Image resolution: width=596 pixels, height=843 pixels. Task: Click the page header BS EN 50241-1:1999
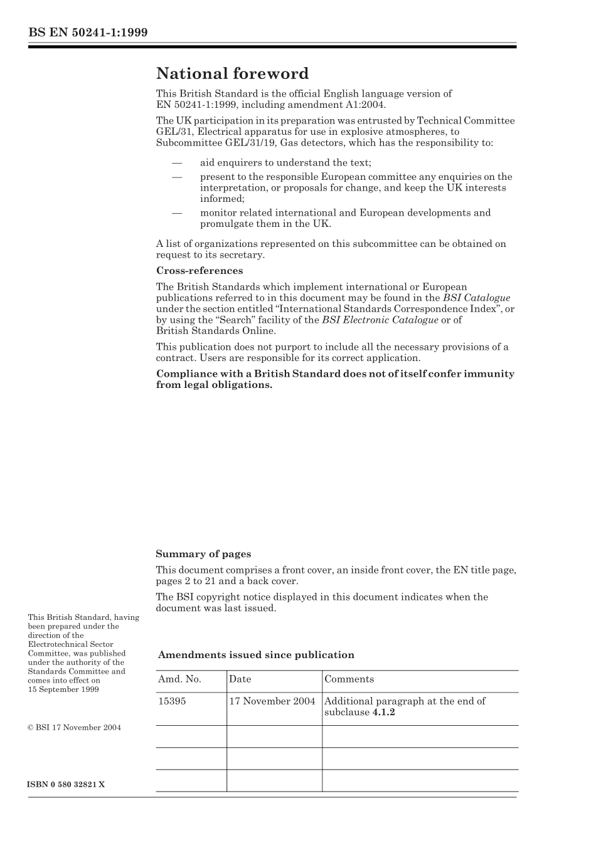(x=88, y=33)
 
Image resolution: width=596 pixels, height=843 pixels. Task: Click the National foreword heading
(x=232, y=74)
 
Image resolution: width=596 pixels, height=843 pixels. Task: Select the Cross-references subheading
(x=199, y=271)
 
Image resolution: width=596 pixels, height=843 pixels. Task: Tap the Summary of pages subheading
(x=203, y=554)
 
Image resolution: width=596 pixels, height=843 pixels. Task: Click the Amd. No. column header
(x=179, y=679)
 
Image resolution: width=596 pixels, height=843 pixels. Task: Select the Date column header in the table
(x=240, y=679)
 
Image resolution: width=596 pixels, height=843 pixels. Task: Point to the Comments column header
(x=349, y=679)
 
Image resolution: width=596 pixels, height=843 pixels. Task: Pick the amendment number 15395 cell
(x=172, y=701)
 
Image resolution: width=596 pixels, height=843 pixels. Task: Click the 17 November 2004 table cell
(x=272, y=701)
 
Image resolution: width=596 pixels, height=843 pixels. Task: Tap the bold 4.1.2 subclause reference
(x=383, y=713)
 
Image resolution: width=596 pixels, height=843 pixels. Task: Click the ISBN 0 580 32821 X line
(x=67, y=785)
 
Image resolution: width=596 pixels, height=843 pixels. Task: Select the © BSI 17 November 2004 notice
(x=75, y=728)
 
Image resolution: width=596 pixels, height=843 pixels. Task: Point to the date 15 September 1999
(x=63, y=689)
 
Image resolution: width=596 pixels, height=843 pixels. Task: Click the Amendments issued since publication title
(x=256, y=655)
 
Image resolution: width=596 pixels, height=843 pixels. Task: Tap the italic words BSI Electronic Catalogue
(x=380, y=320)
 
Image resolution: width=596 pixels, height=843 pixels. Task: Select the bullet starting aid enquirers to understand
(x=285, y=163)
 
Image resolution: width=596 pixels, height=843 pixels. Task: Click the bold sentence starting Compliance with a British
(x=335, y=379)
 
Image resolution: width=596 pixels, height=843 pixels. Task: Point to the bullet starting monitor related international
(x=345, y=218)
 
